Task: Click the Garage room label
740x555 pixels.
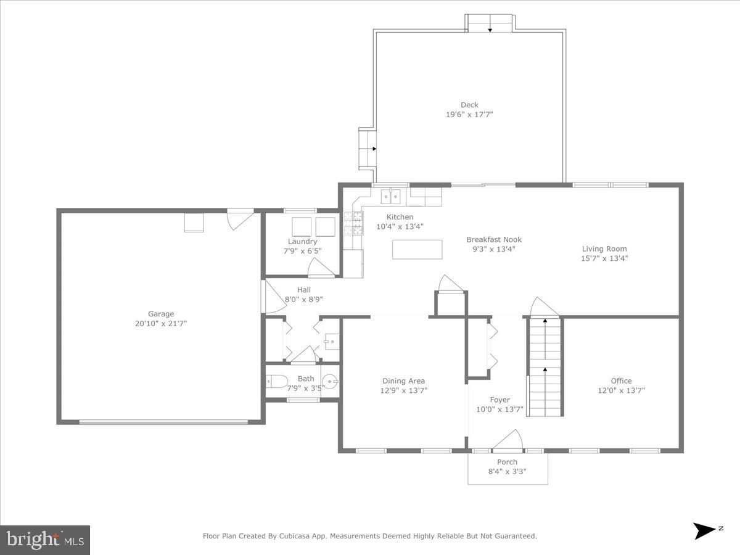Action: (x=160, y=314)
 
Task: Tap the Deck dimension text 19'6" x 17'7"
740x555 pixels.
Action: (x=469, y=115)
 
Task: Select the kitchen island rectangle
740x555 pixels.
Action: (x=417, y=249)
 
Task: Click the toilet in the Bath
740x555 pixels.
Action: (x=276, y=382)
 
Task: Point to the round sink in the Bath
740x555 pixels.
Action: (x=331, y=382)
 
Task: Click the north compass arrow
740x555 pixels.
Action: (x=704, y=530)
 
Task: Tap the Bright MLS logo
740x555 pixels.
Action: (x=45, y=540)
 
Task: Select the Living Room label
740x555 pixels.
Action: (x=604, y=249)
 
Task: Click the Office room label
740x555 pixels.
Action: (x=621, y=381)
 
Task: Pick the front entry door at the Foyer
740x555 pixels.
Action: (x=508, y=440)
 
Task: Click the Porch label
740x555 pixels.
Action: (x=508, y=462)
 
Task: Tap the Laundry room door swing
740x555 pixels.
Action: (x=321, y=267)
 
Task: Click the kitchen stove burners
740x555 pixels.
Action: (x=356, y=223)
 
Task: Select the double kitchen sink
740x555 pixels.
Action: (x=390, y=197)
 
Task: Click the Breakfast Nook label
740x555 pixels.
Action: (x=493, y=239)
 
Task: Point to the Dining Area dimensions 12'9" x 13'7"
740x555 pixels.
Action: (x=404, y=390)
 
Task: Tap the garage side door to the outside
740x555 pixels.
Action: (x=239, y=219)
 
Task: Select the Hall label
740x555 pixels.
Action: (x=303, y=290)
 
